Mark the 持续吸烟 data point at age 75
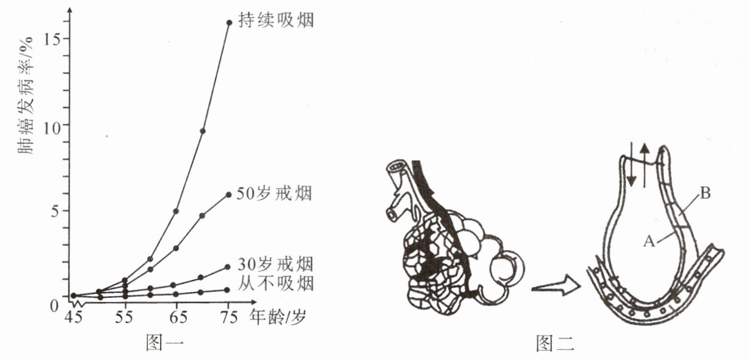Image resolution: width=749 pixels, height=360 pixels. tap(229, 23)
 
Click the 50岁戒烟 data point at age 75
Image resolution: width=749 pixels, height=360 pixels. tap(229, 195)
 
